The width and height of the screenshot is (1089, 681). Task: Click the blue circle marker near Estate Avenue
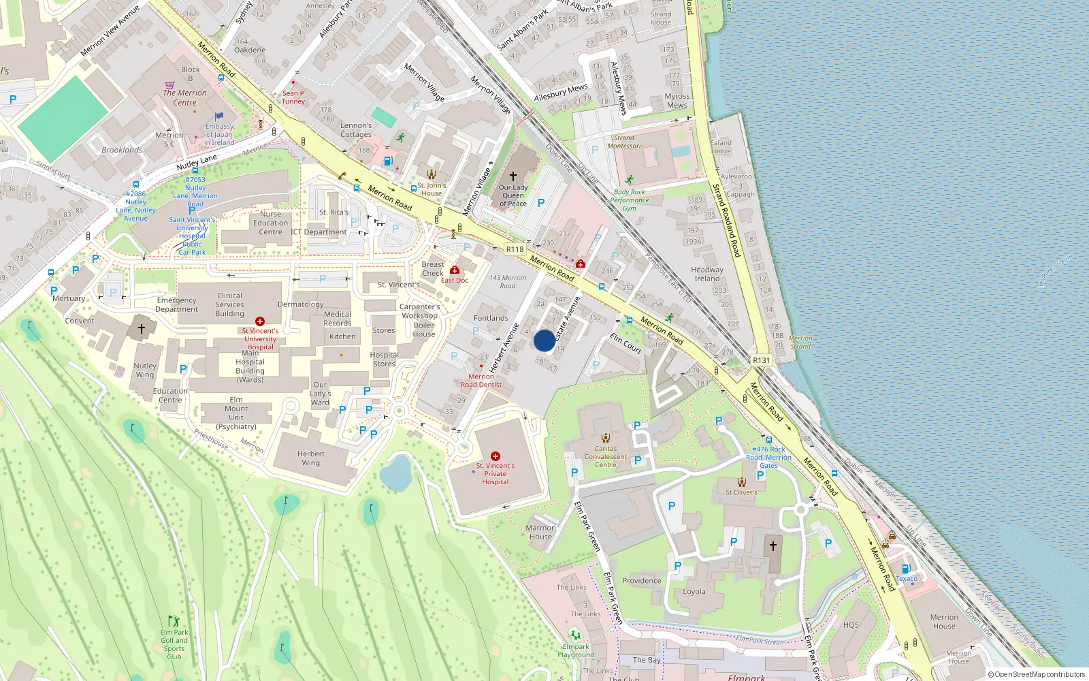point(544,340)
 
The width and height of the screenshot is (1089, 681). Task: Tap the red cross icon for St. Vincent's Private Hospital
point(495,456)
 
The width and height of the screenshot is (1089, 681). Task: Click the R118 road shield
point(515,249)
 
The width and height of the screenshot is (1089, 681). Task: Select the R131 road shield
point(762,360)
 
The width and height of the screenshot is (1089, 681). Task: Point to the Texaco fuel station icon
point(906,569)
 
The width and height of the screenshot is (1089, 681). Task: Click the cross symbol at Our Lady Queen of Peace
point(513,176)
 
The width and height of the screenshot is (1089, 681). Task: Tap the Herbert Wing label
point(311,458)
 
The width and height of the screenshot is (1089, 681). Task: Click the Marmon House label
point(540,532)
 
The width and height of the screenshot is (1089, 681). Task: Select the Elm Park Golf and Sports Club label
point(174,644)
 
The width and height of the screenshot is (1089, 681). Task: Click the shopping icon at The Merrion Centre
point(169,86)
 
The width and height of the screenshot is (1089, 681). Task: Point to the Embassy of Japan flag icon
point(219,116)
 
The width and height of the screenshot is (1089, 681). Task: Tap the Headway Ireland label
point(707,274)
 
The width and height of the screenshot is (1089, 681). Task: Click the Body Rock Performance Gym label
point(629,200)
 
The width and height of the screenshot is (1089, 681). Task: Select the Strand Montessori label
point(624,142)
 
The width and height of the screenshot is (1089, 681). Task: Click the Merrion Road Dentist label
point(481,381)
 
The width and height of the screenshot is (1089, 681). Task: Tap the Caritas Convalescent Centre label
point(606,456)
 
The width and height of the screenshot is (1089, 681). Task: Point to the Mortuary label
point(69,298)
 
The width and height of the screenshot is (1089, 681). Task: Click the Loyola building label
point(694,591)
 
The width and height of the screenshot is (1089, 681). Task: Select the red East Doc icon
point(455,270)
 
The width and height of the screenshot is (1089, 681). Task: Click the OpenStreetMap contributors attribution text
point(1037,674)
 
